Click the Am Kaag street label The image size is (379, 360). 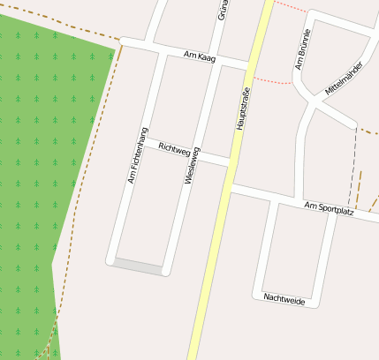(200, 56)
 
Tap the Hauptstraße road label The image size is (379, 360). (245, 108)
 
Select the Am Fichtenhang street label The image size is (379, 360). (137, 156)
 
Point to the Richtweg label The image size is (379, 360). (174, 151)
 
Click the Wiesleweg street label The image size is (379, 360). (191, 165)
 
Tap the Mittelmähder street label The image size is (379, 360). (344, 79)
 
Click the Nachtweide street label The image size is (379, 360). (284, 299)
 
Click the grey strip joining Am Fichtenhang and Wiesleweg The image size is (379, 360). (138, 266)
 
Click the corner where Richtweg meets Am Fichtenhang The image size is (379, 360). (144, 142)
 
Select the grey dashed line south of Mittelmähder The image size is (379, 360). (353, 163)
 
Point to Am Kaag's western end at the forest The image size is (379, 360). (122, 42)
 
